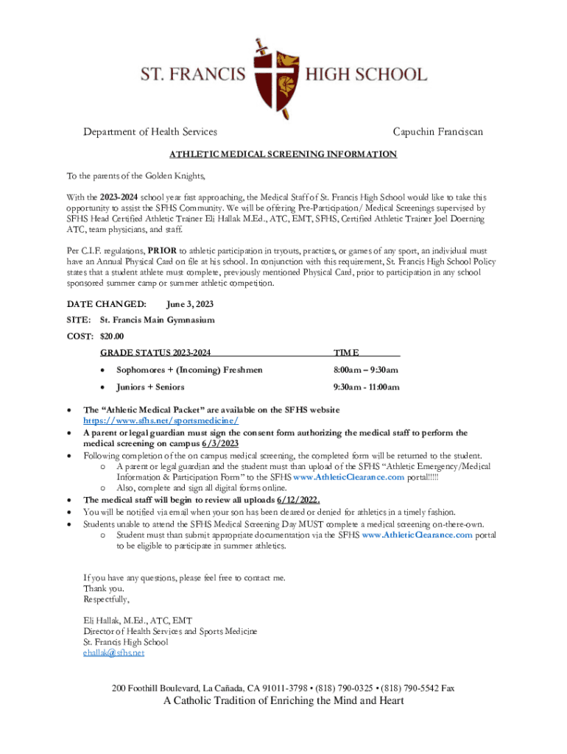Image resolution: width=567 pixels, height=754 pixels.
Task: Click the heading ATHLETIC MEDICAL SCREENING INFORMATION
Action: click(x=283, y=155)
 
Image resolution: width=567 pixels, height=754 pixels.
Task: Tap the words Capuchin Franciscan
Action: click(x=437, y=132)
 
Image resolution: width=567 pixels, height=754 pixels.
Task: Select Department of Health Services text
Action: click(x=149, y=132)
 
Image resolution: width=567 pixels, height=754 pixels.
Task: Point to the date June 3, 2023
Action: click(x=190, y=304)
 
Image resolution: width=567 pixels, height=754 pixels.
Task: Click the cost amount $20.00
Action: click(x=113, y=337)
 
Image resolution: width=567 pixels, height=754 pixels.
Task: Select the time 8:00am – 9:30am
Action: click(x=366, y=370)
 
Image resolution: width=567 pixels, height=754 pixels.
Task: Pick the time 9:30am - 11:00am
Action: click(x=366, y=387)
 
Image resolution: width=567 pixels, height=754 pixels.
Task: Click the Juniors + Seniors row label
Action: click(x=150, y=387)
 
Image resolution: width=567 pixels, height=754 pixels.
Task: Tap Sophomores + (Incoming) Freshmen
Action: click(x=189, y=370)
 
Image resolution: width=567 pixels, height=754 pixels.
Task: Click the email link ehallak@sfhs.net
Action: click(x=114, y=652)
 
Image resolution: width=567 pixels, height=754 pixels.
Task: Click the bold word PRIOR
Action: click(x=161, y=250)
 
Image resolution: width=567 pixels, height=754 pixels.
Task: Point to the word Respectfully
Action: click(x=106, y=599)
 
